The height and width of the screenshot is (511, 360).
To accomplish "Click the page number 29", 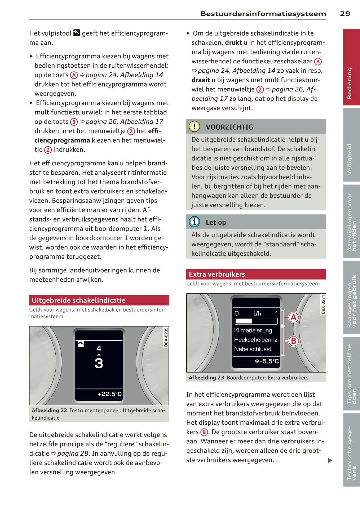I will tap(345, 14).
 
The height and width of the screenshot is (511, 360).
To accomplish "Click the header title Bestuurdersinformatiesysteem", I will tap(263, 14).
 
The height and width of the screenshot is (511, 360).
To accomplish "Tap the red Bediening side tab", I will tap(351, 67).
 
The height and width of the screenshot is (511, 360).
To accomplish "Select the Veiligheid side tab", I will tap(351, 145).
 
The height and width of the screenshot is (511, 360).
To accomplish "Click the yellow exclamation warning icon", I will tap(194, 126).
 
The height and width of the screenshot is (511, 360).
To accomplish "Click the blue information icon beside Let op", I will tap(194, 222).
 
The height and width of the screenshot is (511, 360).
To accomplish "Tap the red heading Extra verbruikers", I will tap(217, 274).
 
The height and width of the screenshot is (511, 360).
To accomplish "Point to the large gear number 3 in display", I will tap(99, 363).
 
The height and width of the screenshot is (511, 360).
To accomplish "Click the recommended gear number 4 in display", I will tap(99, 348).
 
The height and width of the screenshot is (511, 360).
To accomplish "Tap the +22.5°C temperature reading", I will tap(110, 394).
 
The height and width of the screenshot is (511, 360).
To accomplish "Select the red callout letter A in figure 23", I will tap(294, 317).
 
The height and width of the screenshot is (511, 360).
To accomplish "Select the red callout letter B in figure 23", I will tap(294, 341).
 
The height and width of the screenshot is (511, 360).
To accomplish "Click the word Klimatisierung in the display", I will tap(253, 330).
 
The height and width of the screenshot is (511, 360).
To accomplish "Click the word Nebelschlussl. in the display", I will tap(253, 349).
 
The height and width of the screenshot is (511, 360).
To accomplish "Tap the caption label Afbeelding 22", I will tap(49, 410).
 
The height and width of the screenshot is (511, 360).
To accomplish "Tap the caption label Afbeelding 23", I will tap(206, 377).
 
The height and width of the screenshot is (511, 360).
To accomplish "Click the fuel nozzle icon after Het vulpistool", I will tap(77, 33).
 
